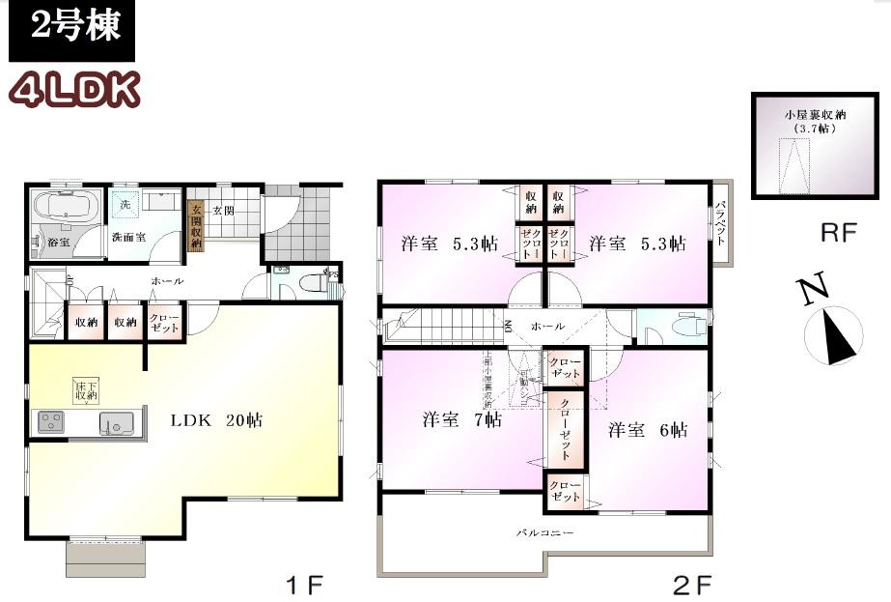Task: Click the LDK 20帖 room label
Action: pyautogui.click(x=216, y=420)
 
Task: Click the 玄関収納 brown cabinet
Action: pyautogui.click(x=195, y=226)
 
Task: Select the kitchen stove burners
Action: pyautogui.click(x=51, y=422)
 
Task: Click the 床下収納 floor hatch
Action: pyautogui.click(x=86, y=391)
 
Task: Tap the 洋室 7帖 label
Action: pyautogui.click(x=461, y=420)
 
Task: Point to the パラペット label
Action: pyautogui.click(x=721, y=223)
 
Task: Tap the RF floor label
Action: pyautogui.click(x=837, y=233)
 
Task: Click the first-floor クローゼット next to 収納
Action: pyautogui.click(x=162, y=322)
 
